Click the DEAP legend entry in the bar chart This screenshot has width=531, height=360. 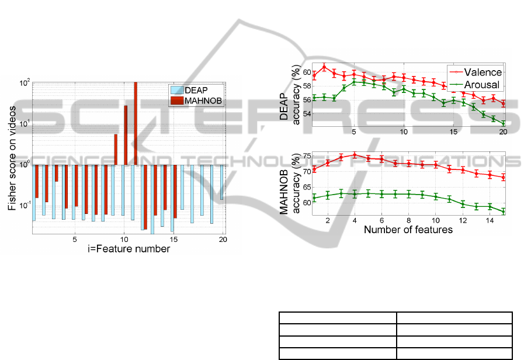[189, 91]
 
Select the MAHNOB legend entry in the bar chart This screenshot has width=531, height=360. [196, 101]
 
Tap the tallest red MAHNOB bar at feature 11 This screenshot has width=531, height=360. [136, 124]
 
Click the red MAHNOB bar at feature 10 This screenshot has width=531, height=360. [126, 135]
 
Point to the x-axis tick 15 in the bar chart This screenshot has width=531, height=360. [173, 240]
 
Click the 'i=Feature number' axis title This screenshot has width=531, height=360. [129, 249]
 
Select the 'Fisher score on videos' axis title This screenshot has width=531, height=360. [12, 158]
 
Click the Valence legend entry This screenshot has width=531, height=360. [475, 72]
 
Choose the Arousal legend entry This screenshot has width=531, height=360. [475, 85]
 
